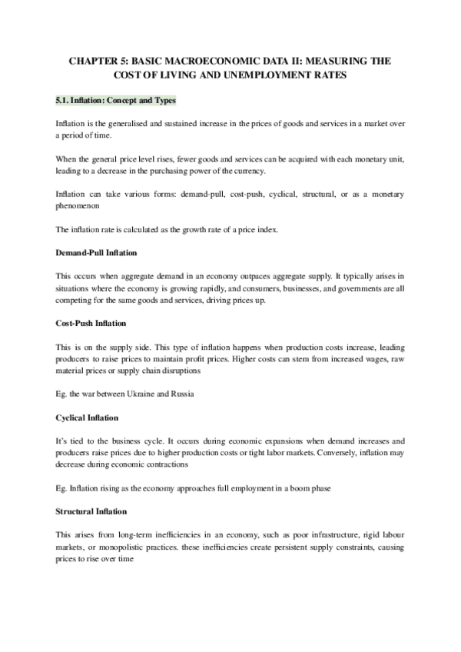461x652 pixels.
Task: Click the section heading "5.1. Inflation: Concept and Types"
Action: [x=116, y=100]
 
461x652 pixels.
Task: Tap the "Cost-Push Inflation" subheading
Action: [x=91, y=325]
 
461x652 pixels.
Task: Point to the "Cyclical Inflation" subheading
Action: [x=88, y=417]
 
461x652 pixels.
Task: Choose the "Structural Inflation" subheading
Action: [x=91, y=489]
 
